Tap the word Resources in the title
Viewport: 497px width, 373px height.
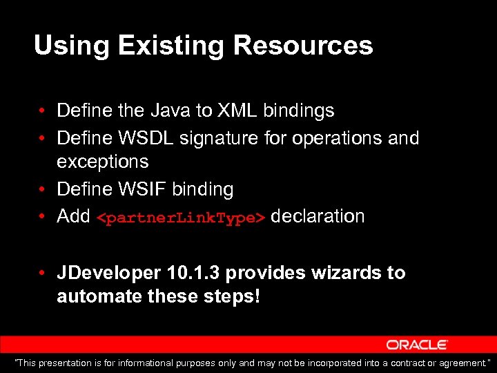[x=303, y=46]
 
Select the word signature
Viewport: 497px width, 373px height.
[x=219, y=138]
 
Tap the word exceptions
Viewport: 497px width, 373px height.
[x=102, y=162]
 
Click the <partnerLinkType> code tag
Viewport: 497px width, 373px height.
[x=180, y=218]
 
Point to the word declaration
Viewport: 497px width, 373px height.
[x=318, y=216]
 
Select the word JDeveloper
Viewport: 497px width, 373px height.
[x=109, y=273]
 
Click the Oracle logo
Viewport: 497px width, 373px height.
[x=417, y=345]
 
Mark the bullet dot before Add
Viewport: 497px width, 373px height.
[x=43, y=216]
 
